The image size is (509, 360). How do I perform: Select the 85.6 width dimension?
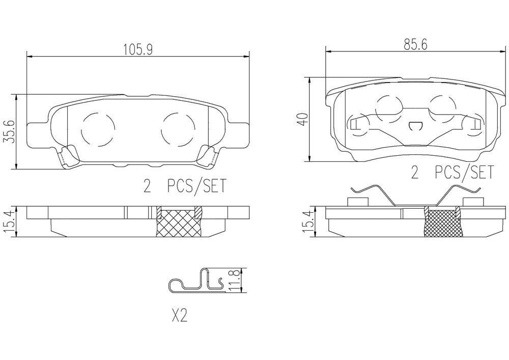coord(415,44)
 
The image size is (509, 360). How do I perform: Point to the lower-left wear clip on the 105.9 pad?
coord(67,157)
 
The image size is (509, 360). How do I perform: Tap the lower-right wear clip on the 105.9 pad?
coord(209,156)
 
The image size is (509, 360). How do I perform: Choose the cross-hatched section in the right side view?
coord(443,224)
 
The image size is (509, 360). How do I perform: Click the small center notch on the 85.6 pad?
coord(416,125)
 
